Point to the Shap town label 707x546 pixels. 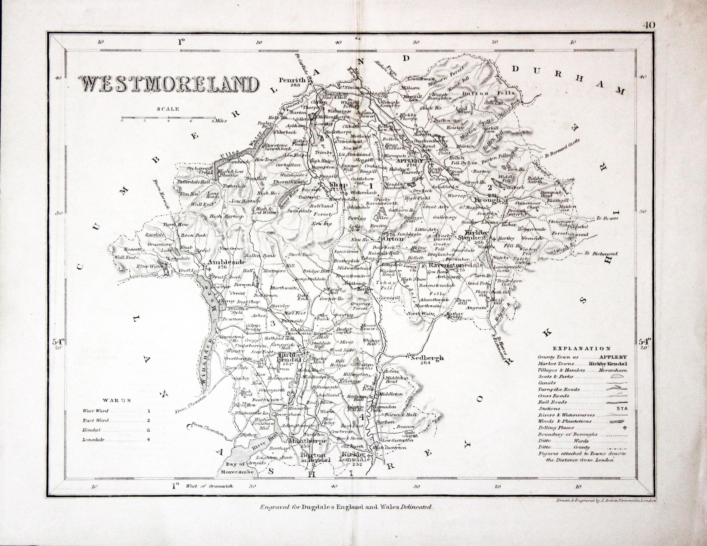tap(336, 185)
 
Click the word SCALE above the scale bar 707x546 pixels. tap(168, 109)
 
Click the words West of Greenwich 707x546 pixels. tap(209, 486)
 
